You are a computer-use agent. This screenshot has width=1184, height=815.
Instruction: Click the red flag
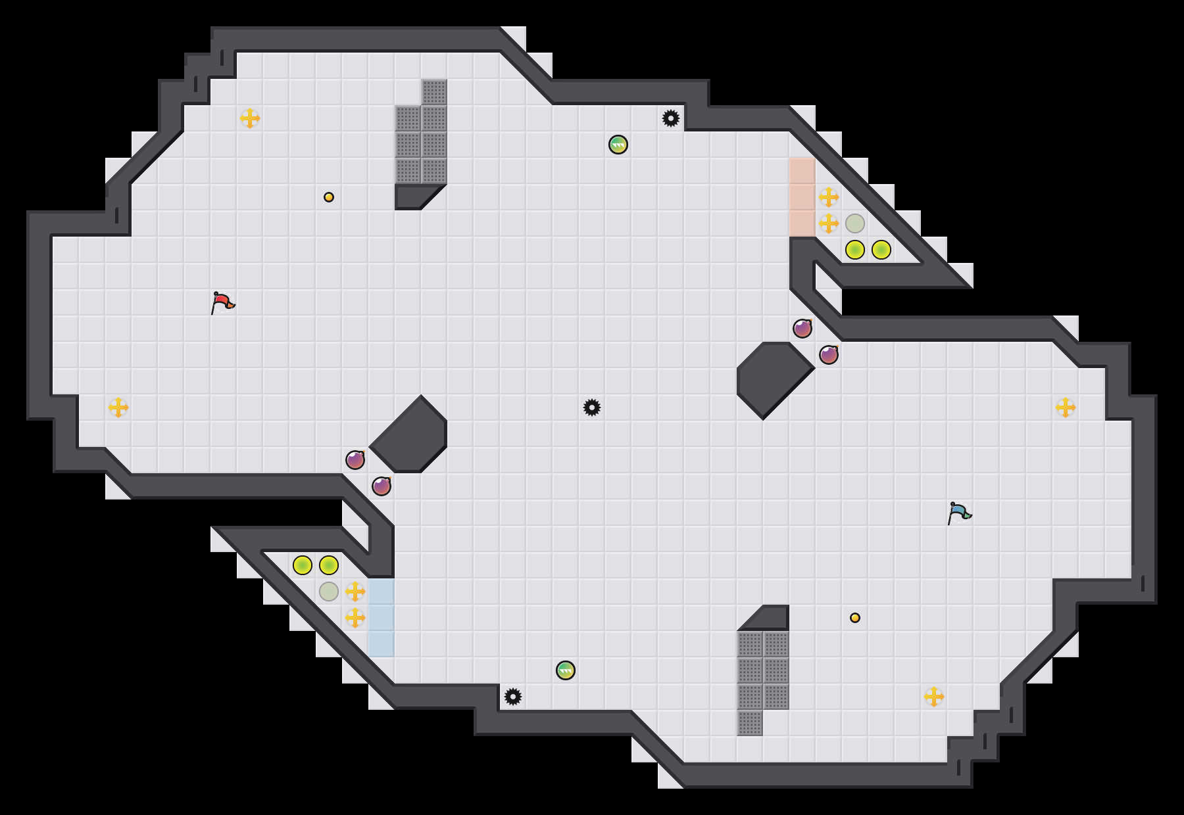click(x=222, y=302)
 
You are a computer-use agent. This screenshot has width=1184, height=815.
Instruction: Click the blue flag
click(x=959, y=513)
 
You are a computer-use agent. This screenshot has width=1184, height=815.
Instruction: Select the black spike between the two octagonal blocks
click(x=592, y=407)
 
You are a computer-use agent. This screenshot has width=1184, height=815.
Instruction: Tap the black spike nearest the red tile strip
click(x=671, y=118)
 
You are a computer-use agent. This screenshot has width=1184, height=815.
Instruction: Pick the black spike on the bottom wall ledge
click(x=513, y=697)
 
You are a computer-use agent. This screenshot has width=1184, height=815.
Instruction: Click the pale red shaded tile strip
click(x=802, y=197)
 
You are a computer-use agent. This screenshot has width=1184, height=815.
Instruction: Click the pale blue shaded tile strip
click(x=382, y=618)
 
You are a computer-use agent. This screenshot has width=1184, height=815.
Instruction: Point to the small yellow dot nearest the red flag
click(x=329, y=197)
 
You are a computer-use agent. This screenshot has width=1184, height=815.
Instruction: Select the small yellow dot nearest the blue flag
click(x=855, y=618)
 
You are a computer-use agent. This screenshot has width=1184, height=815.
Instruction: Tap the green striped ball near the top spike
click(x=618, y=145)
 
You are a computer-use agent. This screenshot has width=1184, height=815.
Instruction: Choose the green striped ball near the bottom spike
click(x=566, y=670)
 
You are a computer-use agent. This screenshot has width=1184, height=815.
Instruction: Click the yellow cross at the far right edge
click(x=1066, y=407)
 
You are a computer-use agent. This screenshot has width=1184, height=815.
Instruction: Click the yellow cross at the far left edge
click(x=118, y=407)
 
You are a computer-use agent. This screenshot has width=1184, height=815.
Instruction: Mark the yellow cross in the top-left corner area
click(x=250, y=118)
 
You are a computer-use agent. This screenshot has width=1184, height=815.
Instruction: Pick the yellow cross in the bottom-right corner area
click(x=934, y=697)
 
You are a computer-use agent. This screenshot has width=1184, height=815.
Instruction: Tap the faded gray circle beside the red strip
click(x=855, y=223)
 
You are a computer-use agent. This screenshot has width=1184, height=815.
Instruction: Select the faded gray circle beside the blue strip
click(x=329, y=592)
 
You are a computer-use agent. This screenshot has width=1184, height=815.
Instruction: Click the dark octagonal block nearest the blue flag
click(x=773, y=378)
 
